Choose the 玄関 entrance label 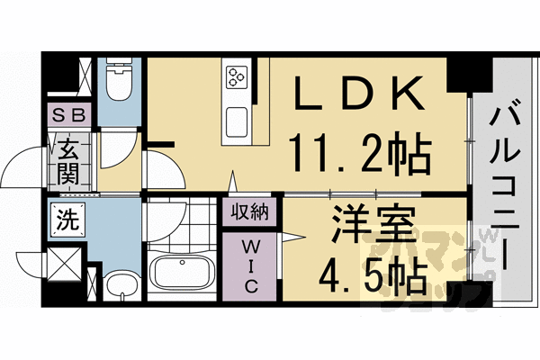pyautogui.click(x=69, y=160)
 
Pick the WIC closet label pyautogui.click(x=251, y=265)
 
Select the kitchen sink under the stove pyautogui.click(x=238, y=120)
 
